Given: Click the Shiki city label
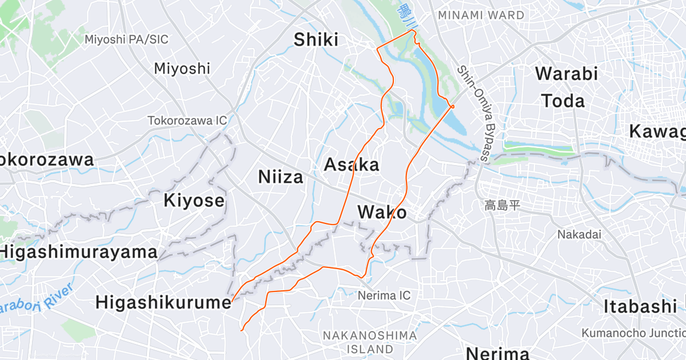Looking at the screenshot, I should pyautogui.click(x=316, y=39).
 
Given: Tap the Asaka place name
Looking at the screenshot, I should pyautogui.click(x=352, y=165).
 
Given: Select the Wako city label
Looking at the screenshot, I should pyautogui.click(x=382, y=213).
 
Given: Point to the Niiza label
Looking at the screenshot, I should pyautogui.click(x=280, y=177).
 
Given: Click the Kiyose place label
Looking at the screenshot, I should pyautogui.click(x=194, y=201).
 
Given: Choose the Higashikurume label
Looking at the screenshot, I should pyautogui.click(x=163, y=302).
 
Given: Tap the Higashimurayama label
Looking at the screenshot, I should pyautogui.click(x=78, y=251).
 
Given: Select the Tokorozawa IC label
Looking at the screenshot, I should pyautogui.click(x=188, y=121).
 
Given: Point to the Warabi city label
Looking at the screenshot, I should pyautogui.click(x=566, y=74).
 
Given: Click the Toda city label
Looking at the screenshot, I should pyautogui.click(x=563, y=101).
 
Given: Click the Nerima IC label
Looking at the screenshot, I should pyautogui.click(x=384, y=295).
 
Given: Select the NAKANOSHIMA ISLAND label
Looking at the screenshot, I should pyautogui.click(x=369, y=342).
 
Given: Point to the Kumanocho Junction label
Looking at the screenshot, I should pyautogui.click(x=633, y=333).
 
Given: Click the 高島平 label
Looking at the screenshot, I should pyautogui.click(x=502, y=205).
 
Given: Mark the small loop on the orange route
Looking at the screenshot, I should pyautogui.click(x=452, y=106).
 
